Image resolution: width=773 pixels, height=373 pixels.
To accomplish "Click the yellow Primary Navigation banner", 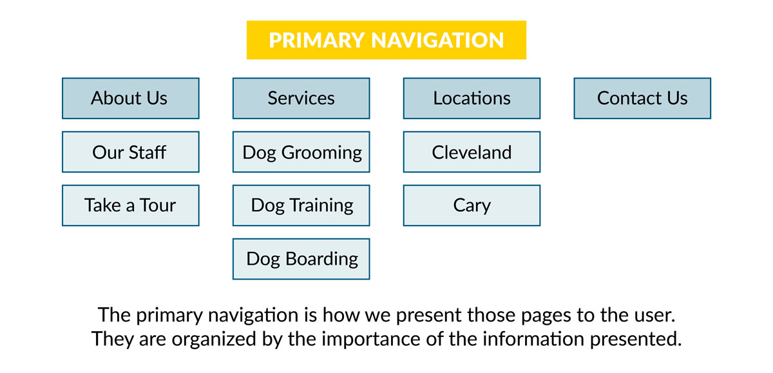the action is (x=386, y=40).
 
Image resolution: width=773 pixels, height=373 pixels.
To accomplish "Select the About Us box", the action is (x=130, y=99).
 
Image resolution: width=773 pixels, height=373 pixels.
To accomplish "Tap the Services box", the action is (x=301, y=99).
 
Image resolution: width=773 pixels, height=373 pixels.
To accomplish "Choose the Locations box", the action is (x=472, y=99).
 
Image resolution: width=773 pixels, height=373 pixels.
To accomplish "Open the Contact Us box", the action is (x=642, y=99).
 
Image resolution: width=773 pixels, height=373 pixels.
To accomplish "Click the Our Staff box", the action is (x=130, y=152).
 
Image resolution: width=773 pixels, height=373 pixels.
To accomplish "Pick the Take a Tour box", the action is (x=130, y=206).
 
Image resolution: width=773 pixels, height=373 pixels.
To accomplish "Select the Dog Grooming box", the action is (x=301, y=152).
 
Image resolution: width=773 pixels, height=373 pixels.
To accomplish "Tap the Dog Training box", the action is (x=301, y=206).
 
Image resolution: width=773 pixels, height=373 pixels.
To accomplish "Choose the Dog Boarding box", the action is (x=301, y=259).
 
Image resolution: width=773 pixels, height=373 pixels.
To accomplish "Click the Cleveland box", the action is (x=472, y=152).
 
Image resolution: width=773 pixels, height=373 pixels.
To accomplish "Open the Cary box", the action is (x=472, y=206).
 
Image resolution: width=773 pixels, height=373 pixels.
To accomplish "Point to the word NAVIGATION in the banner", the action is (x=437, y=40).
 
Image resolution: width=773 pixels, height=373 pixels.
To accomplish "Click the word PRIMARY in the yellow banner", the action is (x=317, y=40).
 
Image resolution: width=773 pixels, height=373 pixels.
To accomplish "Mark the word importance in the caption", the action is (x=371, y=340).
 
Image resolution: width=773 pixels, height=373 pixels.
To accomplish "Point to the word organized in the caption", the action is (x=214, y=340).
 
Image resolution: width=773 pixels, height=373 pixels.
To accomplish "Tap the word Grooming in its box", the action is (x=321, y=153).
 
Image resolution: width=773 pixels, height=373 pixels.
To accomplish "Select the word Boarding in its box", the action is (x=321, y=260).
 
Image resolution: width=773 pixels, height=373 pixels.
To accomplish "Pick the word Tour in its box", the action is (x=157, y=206).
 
